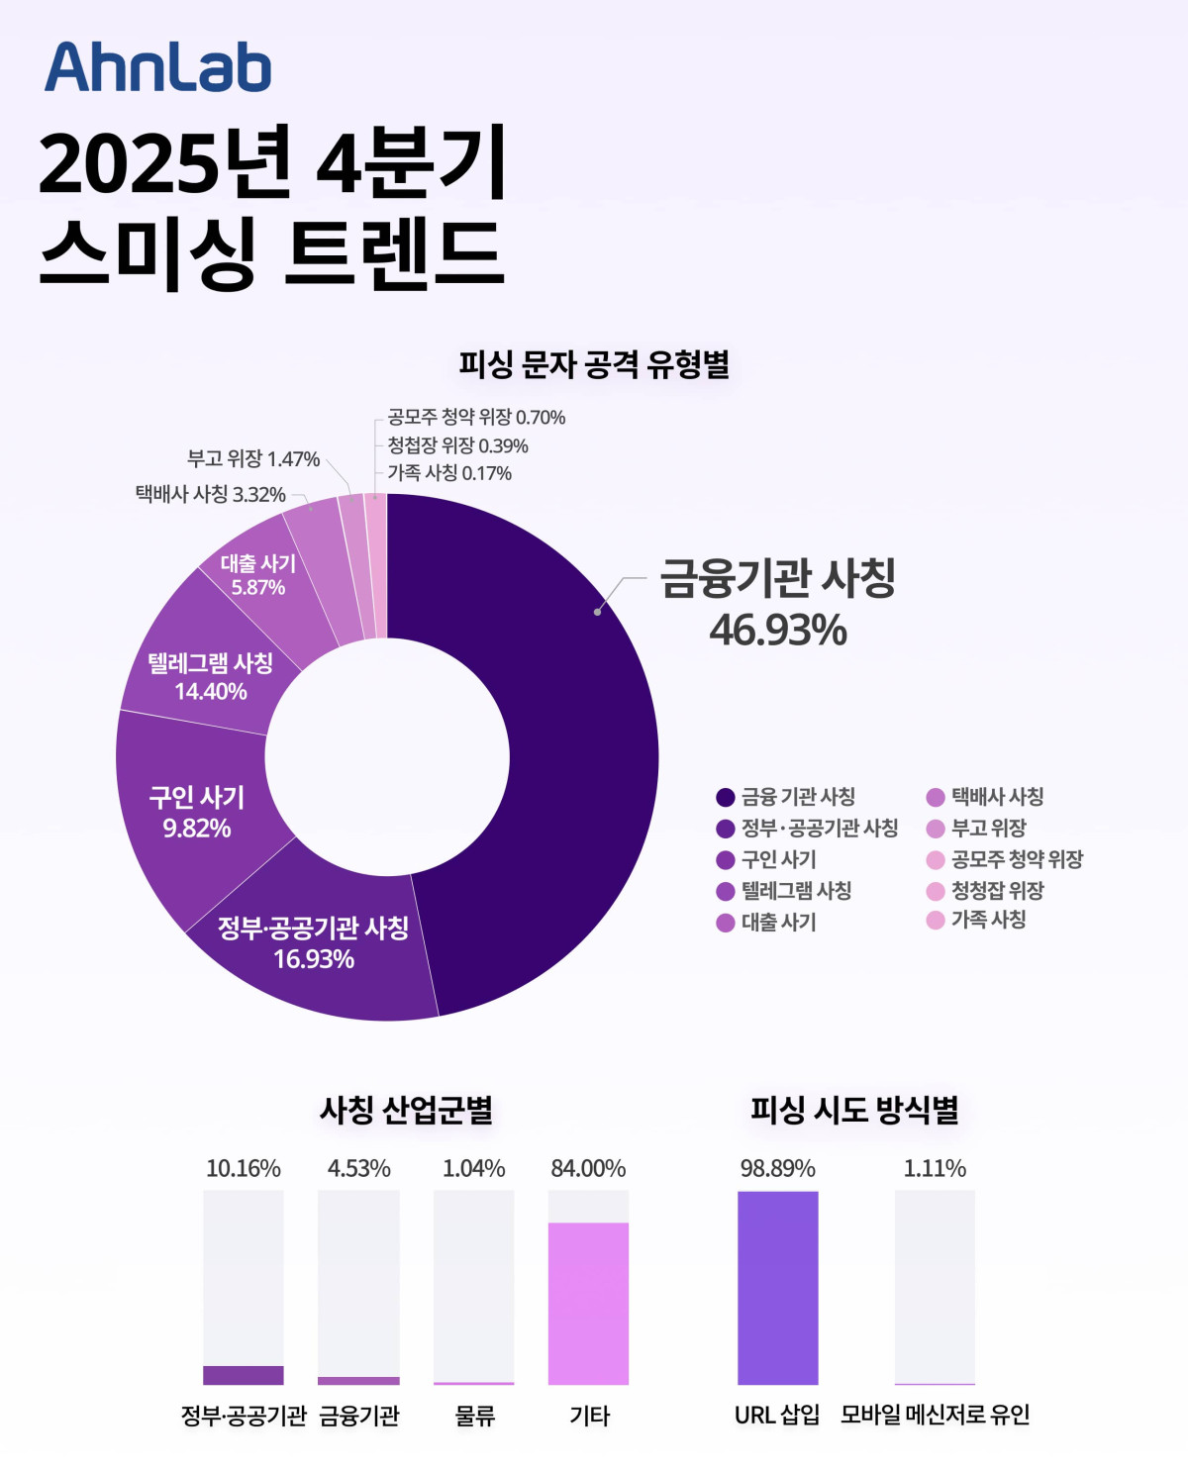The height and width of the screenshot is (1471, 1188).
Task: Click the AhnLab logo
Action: tap(157, 67)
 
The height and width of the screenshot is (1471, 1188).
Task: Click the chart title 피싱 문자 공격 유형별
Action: tap(594, 364)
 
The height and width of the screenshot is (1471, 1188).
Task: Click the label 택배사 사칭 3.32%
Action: tap(211, 494)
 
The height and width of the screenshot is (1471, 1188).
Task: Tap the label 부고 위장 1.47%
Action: tap(253, 458)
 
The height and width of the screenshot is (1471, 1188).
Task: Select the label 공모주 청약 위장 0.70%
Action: tap(476, 417)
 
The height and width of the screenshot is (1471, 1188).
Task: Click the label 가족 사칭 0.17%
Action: tap(449, 473)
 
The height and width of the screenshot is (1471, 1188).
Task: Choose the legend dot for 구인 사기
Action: tap(726, 859)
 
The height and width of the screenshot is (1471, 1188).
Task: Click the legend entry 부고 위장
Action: tap(988, 828)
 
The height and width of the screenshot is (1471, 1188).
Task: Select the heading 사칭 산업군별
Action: tap(406, 1109)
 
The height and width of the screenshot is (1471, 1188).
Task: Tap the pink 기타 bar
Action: tap(588, 1303)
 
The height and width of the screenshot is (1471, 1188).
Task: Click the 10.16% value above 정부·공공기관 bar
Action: tap(244, 1168)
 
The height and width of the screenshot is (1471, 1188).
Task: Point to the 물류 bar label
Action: tap(474, 1416)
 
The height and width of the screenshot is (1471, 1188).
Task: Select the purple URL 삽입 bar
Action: tap(777, 1287)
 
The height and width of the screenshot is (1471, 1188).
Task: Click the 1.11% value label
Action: tap(935, 1168)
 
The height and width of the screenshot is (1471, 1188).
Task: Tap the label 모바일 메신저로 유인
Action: tap(935, 1415)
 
